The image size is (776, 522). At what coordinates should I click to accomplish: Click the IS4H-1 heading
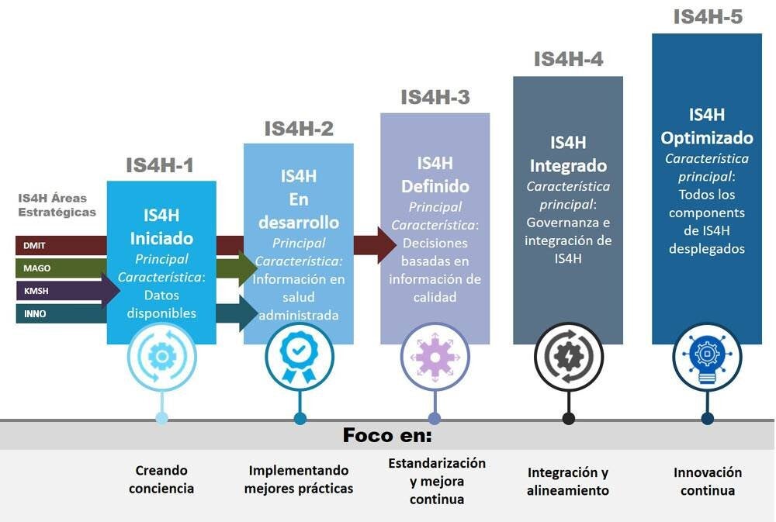pyautogui.click(x=160, y=165)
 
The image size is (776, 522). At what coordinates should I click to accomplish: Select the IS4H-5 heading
pyautogui.click(x=707, y=17)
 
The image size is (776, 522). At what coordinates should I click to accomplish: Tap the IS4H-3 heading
pyautogui.click(x=435, y=98)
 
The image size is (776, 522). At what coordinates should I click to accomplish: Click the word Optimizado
pyautogui.click(x=707, y=138)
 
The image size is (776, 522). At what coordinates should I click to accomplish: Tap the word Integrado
pyautogui.click(x=568, y=166)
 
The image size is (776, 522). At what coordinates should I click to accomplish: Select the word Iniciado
pyautogui.click(x=161, y=239)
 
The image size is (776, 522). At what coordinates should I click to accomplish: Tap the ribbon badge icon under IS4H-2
pyautogui.click(x=299, y=356)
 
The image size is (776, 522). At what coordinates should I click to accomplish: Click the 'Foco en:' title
pyautogui.click(x=387, y=436)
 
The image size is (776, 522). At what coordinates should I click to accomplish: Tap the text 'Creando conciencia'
pyautogui.click(x=161, y=479)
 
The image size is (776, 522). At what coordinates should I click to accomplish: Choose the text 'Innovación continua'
pyautogui.click(x=707, y=481)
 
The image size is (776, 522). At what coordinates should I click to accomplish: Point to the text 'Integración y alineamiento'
pyautogui.click(x=568, y=481)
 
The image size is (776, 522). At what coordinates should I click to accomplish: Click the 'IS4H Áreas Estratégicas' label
pyautogui.click(x=57, y=206)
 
